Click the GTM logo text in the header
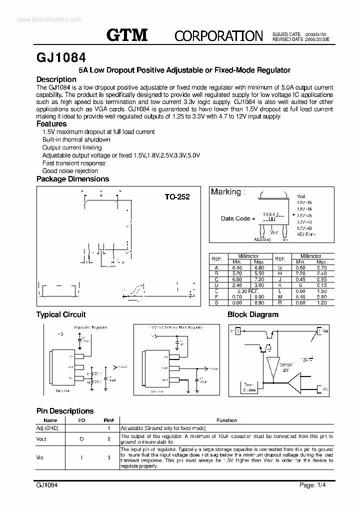[x=127, y=34]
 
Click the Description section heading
[x=56, y=79]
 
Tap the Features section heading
[x=51, y=124]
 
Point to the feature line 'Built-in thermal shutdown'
[x=76, y=139]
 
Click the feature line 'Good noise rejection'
[x=70, y=171]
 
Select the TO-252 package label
[x=177, y=197]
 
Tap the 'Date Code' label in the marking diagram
[x=235, y=218]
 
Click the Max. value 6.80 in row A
[x=259, y=267]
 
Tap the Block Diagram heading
[x=253, y=314]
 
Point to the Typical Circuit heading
[x=61, y=314]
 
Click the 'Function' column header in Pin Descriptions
[x=226, y=420]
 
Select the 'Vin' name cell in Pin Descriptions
[x=41, y=457]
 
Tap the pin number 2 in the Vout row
[x=108, y=439]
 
